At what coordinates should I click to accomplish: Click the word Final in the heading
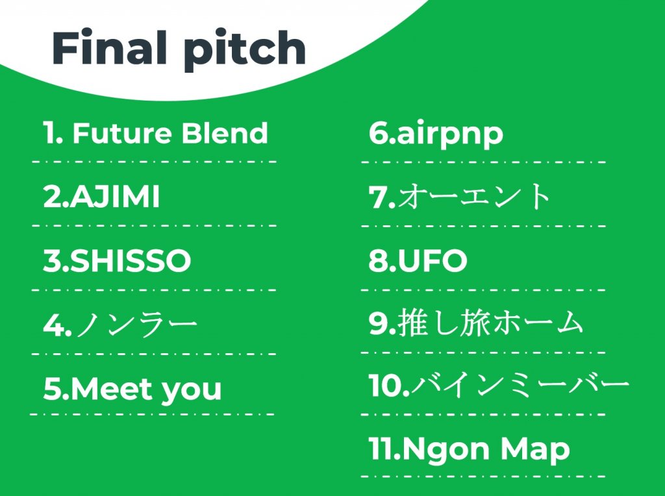(109, 47)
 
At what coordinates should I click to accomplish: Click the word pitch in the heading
(245, 51)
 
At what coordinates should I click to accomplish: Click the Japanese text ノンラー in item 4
(137, 325)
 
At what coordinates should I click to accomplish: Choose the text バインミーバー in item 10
(520, 386)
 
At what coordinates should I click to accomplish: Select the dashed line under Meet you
(153, 414)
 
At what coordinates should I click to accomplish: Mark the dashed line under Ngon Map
(483, 477)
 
